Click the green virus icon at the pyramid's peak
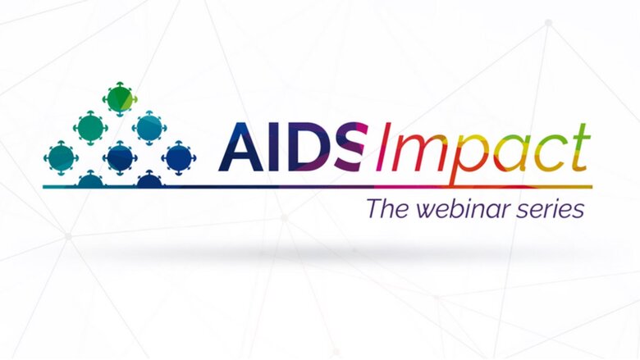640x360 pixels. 120,99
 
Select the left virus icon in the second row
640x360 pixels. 90,128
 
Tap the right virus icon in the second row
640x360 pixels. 149,128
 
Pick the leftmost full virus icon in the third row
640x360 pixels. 61,157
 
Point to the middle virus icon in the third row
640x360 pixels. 120,157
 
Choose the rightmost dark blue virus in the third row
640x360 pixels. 178,157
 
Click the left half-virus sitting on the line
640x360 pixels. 90,179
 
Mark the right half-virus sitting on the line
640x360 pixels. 149,179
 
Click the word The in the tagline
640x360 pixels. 387,208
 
